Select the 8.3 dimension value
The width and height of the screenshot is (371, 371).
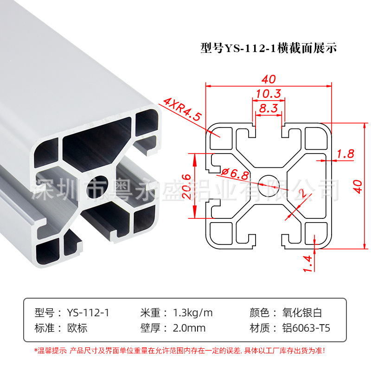click(269, 109)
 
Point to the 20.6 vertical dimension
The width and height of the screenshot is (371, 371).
click(186, 185)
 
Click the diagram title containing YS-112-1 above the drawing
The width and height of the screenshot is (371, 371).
click(268, 48)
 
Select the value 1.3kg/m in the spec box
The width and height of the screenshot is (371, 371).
click(192, 312)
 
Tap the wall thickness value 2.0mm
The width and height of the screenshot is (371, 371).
click(189, 328)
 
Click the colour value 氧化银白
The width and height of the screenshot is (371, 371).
click(305, 312)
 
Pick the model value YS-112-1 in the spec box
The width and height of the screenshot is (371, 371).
click(88, 312)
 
